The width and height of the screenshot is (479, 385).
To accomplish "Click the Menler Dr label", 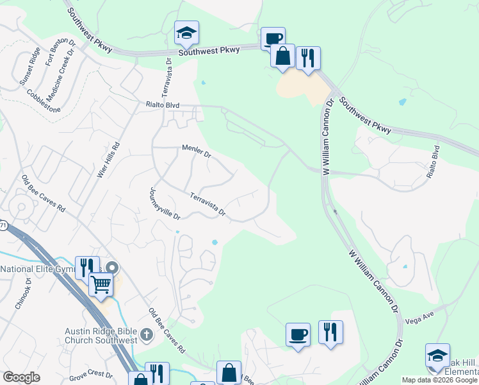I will tap(196, 151).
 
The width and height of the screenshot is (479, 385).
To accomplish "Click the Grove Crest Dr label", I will tap(90, 375).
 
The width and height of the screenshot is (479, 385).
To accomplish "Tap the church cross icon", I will tap(146, 334).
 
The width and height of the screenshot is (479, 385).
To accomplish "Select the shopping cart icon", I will tap(101, 283).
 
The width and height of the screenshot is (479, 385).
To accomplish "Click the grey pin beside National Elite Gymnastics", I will tap(113, 267).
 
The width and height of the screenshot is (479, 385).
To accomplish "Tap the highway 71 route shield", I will tap(3, 226).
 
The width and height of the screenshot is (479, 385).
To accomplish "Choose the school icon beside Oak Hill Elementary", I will tap(437, 356).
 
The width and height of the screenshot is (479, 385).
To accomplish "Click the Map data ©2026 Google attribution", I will tap(439, 380).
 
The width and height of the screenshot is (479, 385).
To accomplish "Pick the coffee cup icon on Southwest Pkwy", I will tap(272, 38).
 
